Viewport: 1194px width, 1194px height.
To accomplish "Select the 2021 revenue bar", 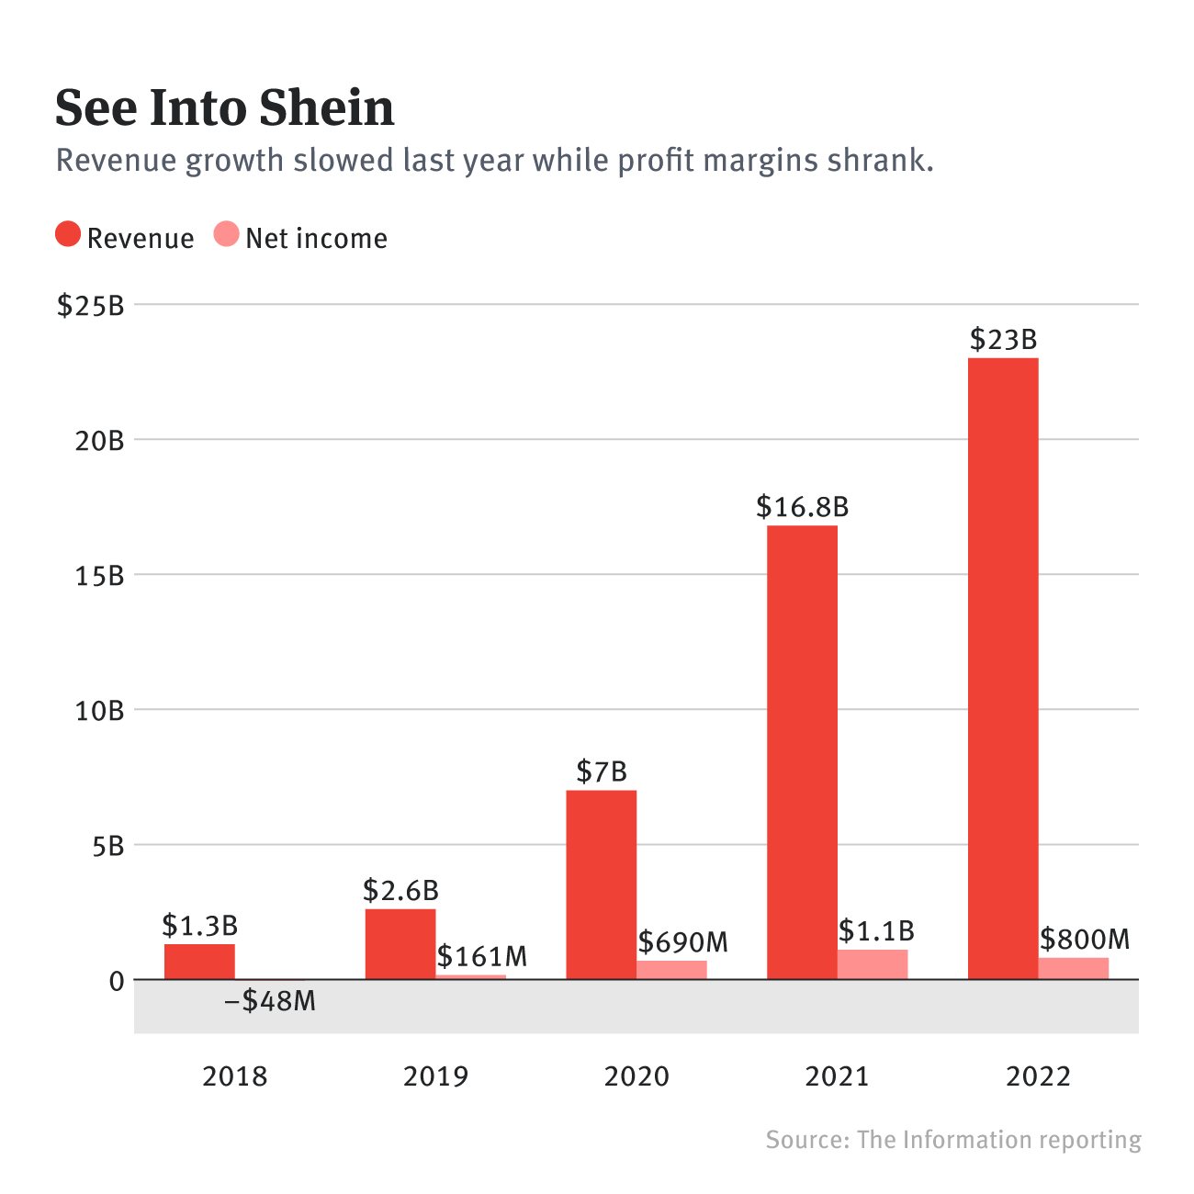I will (x=802, y=752).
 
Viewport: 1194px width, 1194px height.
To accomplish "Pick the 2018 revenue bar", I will (x=199, y=962).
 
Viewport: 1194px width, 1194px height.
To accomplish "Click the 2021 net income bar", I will (x=873, y=964).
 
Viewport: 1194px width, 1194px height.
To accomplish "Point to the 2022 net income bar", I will (x=1074, y=968).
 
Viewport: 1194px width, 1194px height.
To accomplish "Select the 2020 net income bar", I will (x=671, y=970).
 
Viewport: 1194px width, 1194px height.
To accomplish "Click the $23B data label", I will (x=1003, y=340).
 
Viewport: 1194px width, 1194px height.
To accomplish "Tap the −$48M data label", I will (x=270, y=1000).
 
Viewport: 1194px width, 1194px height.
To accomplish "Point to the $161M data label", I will (x=482, y=957).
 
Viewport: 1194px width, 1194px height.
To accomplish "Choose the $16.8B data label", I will (x=802, y=506).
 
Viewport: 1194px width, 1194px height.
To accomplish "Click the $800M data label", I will (x=1085, y=939).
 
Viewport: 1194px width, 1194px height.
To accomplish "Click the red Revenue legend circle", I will (x=68, y=235).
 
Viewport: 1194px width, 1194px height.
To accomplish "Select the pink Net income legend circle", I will (x=226, y=235).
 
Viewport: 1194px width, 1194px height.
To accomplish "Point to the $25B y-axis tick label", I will (x=90, y=305).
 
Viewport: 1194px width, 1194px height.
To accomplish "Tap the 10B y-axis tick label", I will (x=99, y=710).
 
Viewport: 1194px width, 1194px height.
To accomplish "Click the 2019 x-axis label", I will (x=435, y=1076).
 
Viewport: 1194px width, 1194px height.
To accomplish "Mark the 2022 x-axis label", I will (x=1038, y=1076).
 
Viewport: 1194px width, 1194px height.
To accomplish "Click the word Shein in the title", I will (x=325, y=108).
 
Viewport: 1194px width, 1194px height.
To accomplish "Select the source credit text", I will (x=953, y=1140).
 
